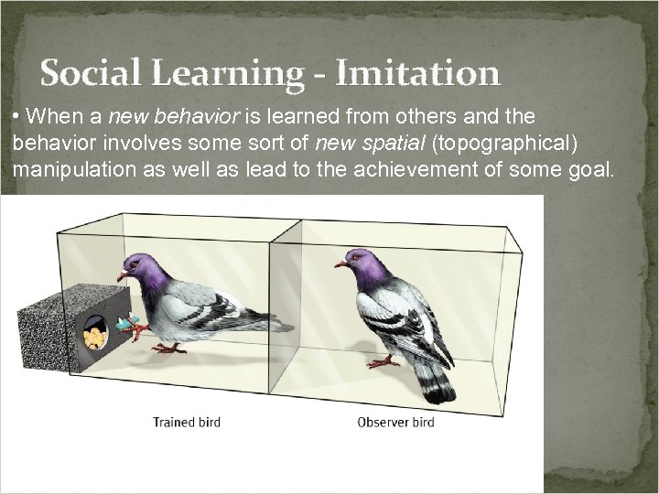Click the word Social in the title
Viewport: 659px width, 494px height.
pos(87,72)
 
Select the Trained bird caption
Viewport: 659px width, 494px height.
pos(188,423)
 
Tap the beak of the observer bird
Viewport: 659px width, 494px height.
pos(339,263)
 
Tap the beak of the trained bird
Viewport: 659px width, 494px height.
pos(121,274)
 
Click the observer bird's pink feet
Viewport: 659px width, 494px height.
pos(384,362)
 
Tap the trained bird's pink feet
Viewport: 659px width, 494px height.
pos(169,348)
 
